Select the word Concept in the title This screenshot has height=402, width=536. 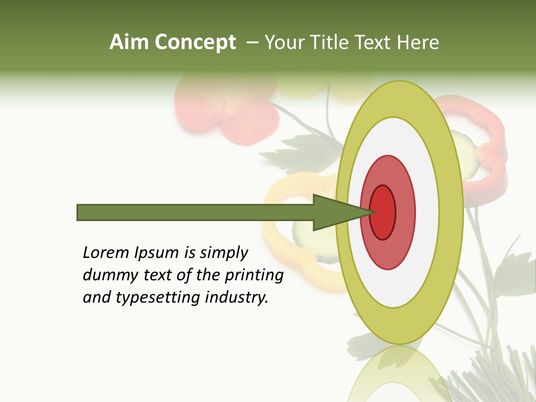click(x=195, y=42)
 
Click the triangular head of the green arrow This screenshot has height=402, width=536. click(x=335, y=212)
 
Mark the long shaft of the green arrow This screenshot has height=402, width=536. click(x=195, y=212)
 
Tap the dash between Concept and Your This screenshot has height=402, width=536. click(x=252, y=43)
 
